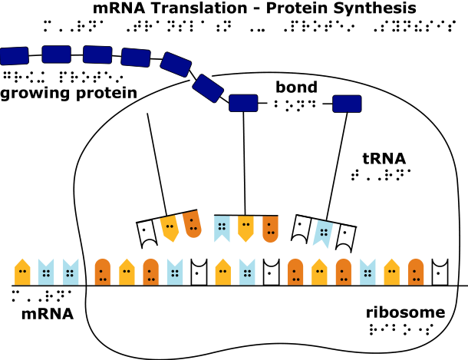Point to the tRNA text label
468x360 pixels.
[x=384, y=158]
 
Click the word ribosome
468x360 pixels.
[x=406, y=312]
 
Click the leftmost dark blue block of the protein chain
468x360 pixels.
[x=15, y=55]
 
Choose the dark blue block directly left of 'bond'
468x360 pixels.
[x=243, y=102]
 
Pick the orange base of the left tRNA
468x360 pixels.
[x=193, y=223]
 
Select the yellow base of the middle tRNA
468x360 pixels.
[x=245, y=228]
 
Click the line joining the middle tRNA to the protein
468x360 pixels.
[x=243, y=161]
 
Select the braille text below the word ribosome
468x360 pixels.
[x=400, y=330]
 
